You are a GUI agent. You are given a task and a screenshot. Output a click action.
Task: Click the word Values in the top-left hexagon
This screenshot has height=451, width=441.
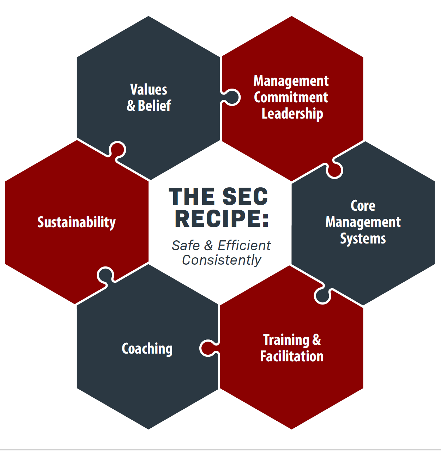[149, 90]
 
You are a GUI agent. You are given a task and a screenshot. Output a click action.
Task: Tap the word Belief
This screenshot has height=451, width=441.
[155, 106]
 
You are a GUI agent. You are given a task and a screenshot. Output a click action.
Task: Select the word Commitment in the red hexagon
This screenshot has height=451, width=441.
[291, 97]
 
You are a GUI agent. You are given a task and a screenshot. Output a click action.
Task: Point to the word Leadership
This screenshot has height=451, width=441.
[292, 114]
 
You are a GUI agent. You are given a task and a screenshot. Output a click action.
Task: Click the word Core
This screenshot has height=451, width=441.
[363, 206]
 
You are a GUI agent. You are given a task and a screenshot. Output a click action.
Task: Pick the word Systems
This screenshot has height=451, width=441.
[363, 239]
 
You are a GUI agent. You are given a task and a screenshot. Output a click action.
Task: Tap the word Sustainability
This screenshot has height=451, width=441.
[77, 222]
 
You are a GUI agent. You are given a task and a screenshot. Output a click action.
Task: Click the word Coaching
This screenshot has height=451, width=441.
[147, 349]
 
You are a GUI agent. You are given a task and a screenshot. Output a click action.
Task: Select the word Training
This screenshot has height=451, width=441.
[286, 340]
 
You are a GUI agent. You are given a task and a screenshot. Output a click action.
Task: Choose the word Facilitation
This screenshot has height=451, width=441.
[292, 356]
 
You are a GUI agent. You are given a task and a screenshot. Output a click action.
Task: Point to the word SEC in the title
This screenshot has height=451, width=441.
[245, 197]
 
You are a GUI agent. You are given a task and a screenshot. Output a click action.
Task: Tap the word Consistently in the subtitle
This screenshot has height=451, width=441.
[222, 260]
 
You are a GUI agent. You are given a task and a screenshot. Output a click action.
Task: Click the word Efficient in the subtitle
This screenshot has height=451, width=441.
[244, 245]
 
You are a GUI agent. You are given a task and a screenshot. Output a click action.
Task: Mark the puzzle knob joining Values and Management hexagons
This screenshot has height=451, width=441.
[231, 97]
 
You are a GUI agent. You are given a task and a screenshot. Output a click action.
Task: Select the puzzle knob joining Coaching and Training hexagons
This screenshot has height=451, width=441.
[209, 348]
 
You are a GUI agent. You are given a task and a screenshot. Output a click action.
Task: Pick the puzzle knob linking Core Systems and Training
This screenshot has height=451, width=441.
[322, 295]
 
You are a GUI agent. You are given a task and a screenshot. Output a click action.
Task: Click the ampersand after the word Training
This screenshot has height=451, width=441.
[316, 339]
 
